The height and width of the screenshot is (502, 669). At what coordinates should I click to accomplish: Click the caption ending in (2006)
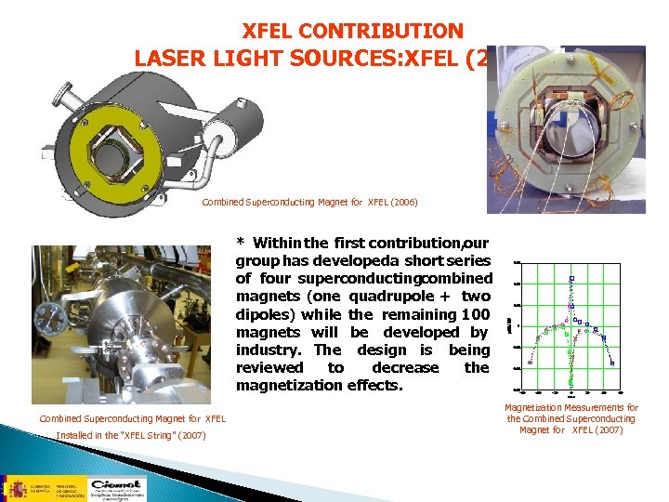click(x=309, y=202)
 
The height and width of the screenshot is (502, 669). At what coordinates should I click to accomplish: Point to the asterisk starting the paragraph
click(x=241, y=244)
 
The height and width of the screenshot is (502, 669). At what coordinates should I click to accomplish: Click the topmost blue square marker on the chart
click(x=572, y=278)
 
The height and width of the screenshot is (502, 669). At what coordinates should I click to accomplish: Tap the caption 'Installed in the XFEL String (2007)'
click(x=130, y=436)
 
